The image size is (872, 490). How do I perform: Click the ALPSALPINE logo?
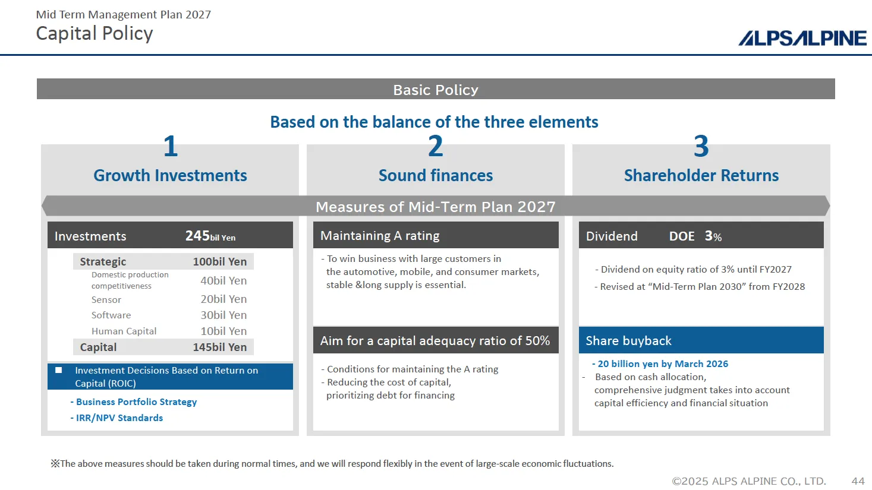coord(802,38)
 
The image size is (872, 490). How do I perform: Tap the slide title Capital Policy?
coord(95,34)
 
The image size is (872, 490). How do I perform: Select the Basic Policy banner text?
coord(435,90)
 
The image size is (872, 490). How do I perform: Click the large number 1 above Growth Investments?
coord(171,146)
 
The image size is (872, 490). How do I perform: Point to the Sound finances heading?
coord(435,175)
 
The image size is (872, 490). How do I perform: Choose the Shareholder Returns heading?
coord(701,175)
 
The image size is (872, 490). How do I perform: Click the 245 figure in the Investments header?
coord(197,236)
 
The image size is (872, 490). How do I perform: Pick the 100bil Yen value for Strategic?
coord(219,261)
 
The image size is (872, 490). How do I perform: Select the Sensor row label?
coord(106,300)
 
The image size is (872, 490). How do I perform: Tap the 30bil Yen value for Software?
coord(223,315)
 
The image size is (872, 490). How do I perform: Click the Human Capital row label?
coord(124,331)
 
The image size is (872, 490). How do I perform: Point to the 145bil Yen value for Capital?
coord(219,347)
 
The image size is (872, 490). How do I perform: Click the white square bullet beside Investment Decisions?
coord(59,370)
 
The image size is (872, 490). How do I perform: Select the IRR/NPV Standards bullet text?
coord(119,418)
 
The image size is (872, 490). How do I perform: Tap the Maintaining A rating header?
coord(380,236)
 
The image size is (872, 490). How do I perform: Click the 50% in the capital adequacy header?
coord(537,341)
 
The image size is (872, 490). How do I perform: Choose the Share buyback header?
coord(628,341)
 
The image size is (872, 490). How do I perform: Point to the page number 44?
coord(858,481)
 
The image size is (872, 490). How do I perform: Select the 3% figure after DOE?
coord(713,236)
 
